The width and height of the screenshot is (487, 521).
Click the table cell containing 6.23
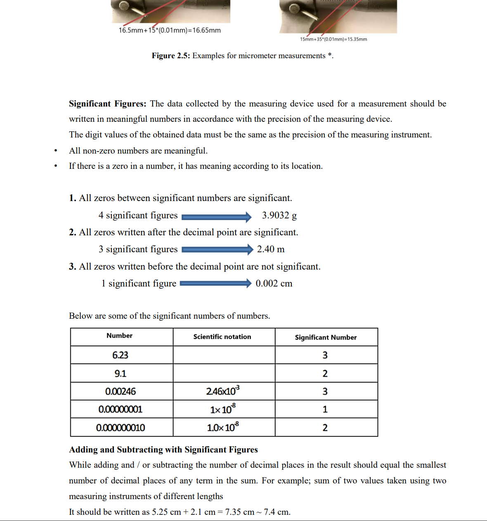pyautogui.click(x=121, y=355)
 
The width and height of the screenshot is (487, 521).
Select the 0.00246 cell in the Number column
pyautogui.click(x=121, y=391)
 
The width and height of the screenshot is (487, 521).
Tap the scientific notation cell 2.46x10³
pyautogui.click(x=223, y=391)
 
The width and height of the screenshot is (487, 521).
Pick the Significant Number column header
pyautogui.click(x=326, y=337)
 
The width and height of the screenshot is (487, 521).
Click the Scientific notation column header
pyautogui.click(x=222, y=337)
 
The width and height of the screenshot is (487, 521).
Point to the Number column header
pyautogui.click(x=120, y=336)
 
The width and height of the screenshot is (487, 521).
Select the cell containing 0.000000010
pyautogui.click(x=121, y=428)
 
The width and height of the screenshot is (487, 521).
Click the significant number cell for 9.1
pyautogui.click(x=325, y=374)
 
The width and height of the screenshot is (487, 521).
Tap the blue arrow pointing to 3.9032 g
pyautogui.click(x=217, y=217)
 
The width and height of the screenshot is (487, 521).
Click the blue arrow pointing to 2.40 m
pyautogui.click(x=217, y=249)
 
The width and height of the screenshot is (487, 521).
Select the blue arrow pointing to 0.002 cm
pyautogui.click(x=216, y=283)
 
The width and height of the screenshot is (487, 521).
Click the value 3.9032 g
pyautogui.click(x=279, y=216)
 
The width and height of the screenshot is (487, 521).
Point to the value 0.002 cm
pyautogui.click(x=274, y=284)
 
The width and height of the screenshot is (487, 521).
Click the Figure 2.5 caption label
pyautogui.click(x=171, y=56)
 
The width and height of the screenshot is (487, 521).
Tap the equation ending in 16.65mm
pyautogui.click(x=170, y=30)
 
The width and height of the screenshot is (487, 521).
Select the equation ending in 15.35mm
pyautogui.click(x=333, y=39)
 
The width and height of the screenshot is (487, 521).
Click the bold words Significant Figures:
pyautogui.click(x=108, y=104)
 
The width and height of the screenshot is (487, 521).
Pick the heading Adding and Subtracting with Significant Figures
pyautogui.click(x=163, y=450)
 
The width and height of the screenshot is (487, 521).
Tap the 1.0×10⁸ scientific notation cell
pyautogui.click(x=223, y=427)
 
